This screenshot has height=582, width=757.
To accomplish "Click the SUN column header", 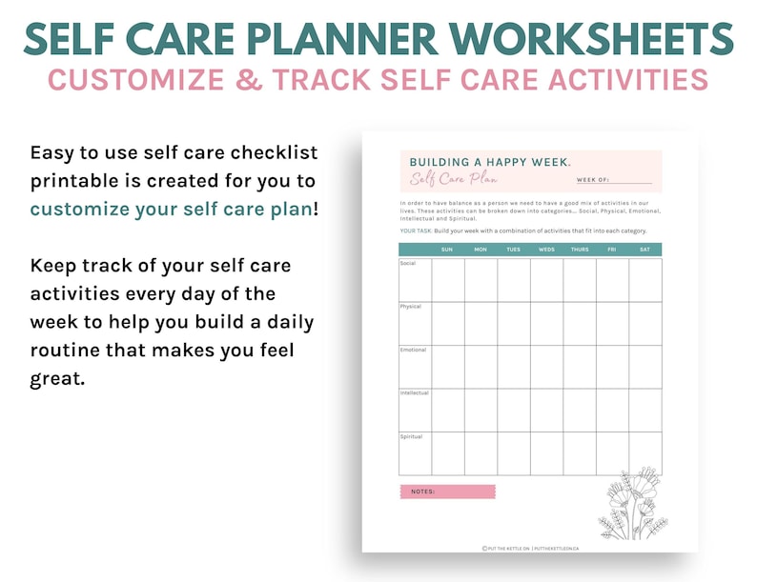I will tap(447, 250).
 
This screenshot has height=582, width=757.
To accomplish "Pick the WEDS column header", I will tap(546, 250).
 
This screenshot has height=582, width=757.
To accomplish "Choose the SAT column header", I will tap(645, 250).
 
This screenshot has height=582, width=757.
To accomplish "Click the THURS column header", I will tap(579, 250).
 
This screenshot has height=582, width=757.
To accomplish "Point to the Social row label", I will tap(408, 264).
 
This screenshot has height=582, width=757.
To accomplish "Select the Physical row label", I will tap(411, 307).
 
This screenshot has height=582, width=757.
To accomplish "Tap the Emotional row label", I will tap(413, 350).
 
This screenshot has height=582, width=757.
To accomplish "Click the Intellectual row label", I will tap(415, 393).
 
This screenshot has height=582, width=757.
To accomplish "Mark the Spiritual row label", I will tap(412, 436).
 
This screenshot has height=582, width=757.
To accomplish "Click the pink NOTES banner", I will tap(447, 492).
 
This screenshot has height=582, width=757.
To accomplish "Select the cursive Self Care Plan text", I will tap(454, 179).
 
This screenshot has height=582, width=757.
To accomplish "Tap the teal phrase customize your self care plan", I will tap(171, 209).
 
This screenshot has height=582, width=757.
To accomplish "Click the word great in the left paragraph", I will tap(57, 379).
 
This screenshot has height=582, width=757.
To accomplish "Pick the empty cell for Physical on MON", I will tap(481, 323).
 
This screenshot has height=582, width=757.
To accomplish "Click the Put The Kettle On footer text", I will tap(530, 549).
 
